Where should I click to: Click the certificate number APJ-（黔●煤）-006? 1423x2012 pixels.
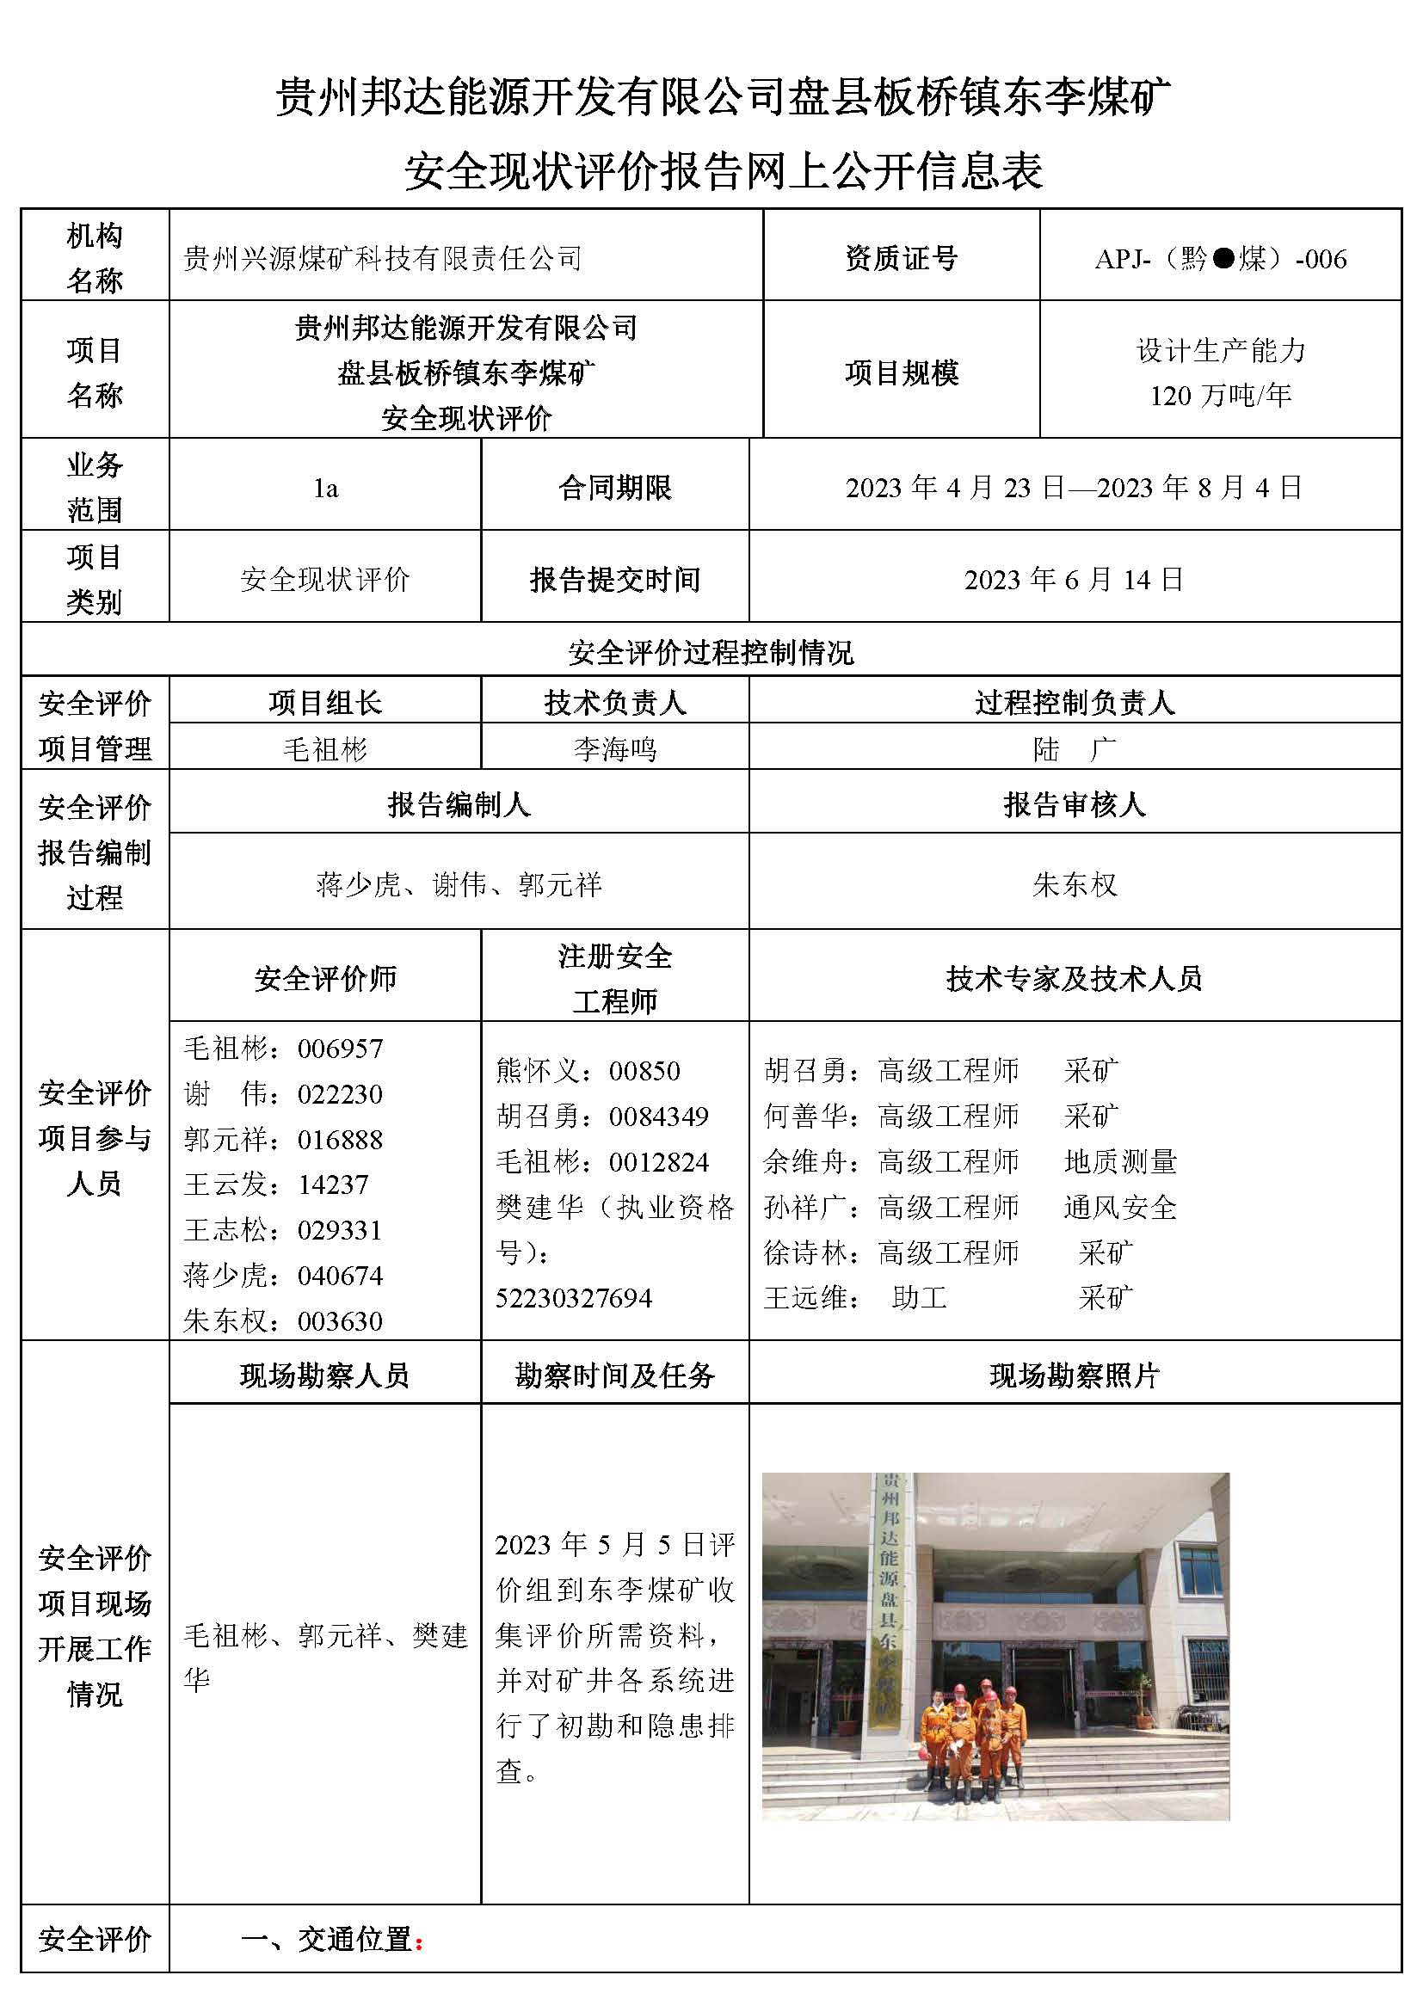1220,259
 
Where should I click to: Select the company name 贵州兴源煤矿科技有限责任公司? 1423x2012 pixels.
382,259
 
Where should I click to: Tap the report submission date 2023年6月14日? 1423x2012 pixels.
1074,579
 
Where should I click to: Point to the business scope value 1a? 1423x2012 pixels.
325,488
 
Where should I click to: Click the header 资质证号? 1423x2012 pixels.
901,259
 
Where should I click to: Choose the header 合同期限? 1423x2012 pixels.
614,488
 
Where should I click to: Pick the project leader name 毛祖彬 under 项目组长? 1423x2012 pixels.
325,749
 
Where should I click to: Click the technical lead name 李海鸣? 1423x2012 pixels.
614,749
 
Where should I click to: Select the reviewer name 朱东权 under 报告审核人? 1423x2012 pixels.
1075,885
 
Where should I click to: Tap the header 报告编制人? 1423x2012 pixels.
459,804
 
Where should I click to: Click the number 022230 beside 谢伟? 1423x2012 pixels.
340,1094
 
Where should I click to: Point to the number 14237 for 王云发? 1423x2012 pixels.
333,1184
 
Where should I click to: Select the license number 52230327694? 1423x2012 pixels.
574,1298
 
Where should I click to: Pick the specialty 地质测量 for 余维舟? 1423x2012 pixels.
1120,1162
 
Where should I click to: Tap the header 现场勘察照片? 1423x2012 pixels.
1075,1375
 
